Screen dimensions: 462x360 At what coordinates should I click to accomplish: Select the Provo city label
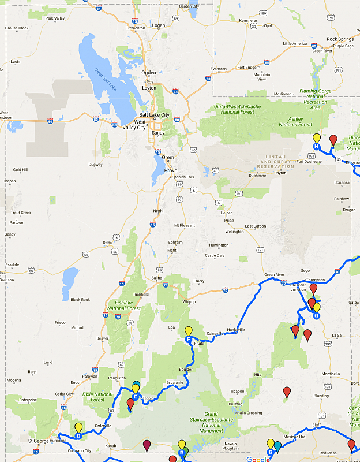pos(171,170)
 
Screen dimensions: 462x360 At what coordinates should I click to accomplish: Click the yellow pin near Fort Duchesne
pos(316,139)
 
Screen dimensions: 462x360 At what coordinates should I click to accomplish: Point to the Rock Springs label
pos(340,39)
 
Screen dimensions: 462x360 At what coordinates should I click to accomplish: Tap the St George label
pos(38,441)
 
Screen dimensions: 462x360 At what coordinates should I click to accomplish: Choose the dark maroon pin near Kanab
pos(147,445)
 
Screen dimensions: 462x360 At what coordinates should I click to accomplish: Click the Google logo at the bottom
pos(257,459)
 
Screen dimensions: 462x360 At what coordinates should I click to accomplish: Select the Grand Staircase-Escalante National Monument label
pos(218,422)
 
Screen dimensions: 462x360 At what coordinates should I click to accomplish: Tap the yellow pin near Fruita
pos(188,331)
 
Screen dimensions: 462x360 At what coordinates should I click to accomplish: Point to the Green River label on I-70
pos(275,274)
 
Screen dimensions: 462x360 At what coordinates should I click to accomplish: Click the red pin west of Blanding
pos(287,393)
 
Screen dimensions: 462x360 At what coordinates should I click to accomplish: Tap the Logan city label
pos(158,25)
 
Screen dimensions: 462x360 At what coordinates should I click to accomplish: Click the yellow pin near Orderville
pos(78,428)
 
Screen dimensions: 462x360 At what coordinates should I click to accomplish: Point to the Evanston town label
pos(219,69)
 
